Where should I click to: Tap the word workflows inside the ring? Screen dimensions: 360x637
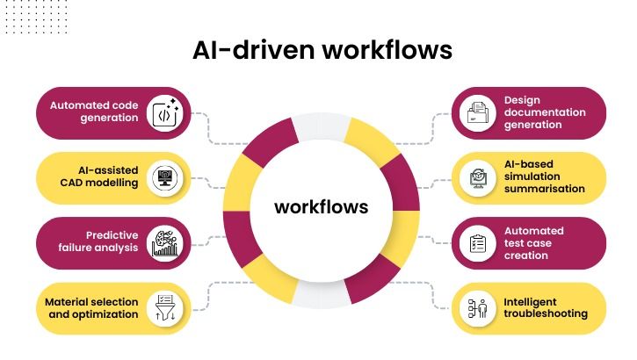322,207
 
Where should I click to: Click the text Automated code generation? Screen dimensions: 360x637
94,112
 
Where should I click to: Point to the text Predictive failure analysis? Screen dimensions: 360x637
98,241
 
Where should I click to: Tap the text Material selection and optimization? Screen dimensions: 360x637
91,307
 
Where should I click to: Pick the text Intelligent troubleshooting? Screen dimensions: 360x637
546,308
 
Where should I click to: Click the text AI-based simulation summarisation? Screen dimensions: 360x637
544,176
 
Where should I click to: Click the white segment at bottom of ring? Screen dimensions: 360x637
320,294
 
